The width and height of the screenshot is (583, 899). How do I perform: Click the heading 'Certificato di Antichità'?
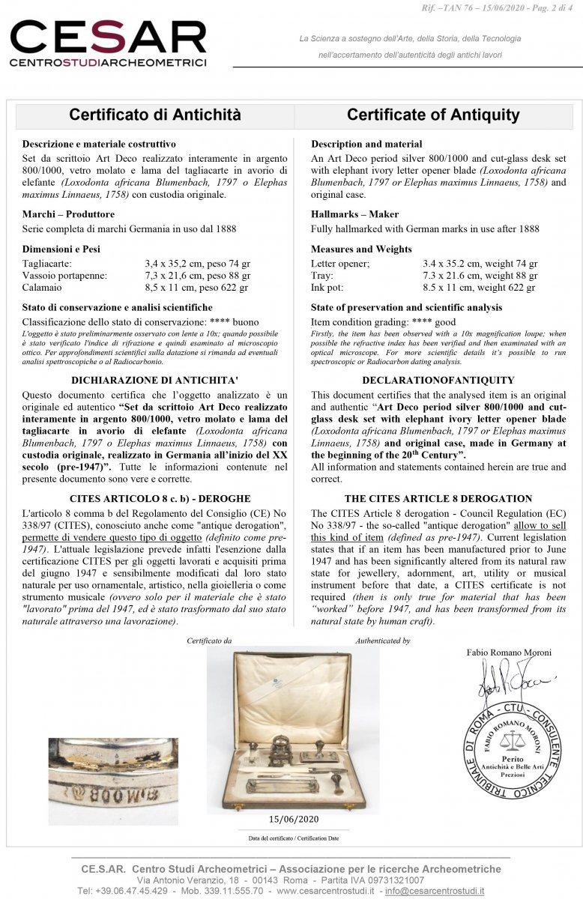[x=155, y=115]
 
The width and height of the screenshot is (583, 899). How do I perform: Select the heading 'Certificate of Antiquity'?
[x=432, y=115]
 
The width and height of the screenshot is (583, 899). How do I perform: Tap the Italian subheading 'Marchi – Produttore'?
[x=70, y=214]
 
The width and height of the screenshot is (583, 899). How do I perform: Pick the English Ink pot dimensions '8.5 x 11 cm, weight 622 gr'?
[x=480, y=287]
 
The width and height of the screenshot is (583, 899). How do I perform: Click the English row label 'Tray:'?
[x=322, y=276]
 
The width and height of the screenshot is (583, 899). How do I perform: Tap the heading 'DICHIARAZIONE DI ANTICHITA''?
[x=155, y=381]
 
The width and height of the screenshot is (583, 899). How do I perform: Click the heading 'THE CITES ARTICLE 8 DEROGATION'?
[x=438, y=498]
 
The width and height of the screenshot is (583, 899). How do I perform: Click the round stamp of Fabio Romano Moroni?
[x=512, y=749]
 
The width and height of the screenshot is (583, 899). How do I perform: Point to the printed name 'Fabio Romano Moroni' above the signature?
[x=509, y=653]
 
